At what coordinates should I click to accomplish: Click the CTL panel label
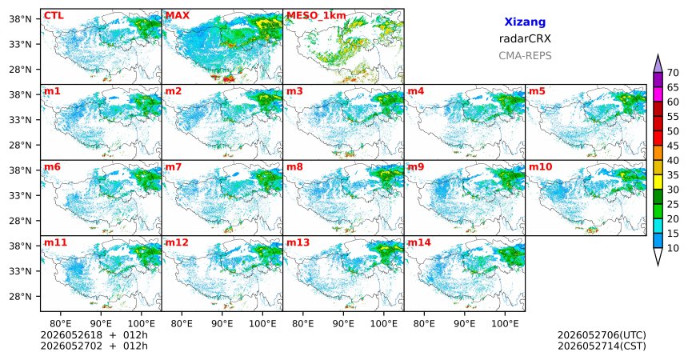click(54, 16)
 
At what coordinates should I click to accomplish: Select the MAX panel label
click(178, 16)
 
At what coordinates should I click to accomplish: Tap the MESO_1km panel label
click(316, 16)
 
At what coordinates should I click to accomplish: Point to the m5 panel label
click(537, 91)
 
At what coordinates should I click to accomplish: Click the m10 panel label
click(540, 167)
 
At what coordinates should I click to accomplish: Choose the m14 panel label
click(419, 242)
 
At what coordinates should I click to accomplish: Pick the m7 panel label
click(174, 167)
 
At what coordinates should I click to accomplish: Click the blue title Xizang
click(525, 22)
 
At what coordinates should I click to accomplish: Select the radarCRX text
click(525, 38)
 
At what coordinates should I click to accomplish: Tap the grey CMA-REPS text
click(525, 56)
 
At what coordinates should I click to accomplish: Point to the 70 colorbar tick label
click(673, 73)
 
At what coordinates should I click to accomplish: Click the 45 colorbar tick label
click(673, 146)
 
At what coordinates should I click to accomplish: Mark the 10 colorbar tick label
click(673, 248)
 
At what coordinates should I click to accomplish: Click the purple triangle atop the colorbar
click(658, 64)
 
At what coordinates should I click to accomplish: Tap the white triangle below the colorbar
click(658, 255)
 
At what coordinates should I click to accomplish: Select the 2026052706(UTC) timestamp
click(602, 335)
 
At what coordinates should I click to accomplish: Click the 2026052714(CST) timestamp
click(602, 346)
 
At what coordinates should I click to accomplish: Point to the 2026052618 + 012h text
click(94, 335)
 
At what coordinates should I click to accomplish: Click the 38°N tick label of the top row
click(20, 19)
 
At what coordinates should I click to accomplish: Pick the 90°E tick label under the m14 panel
click(465, 324)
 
